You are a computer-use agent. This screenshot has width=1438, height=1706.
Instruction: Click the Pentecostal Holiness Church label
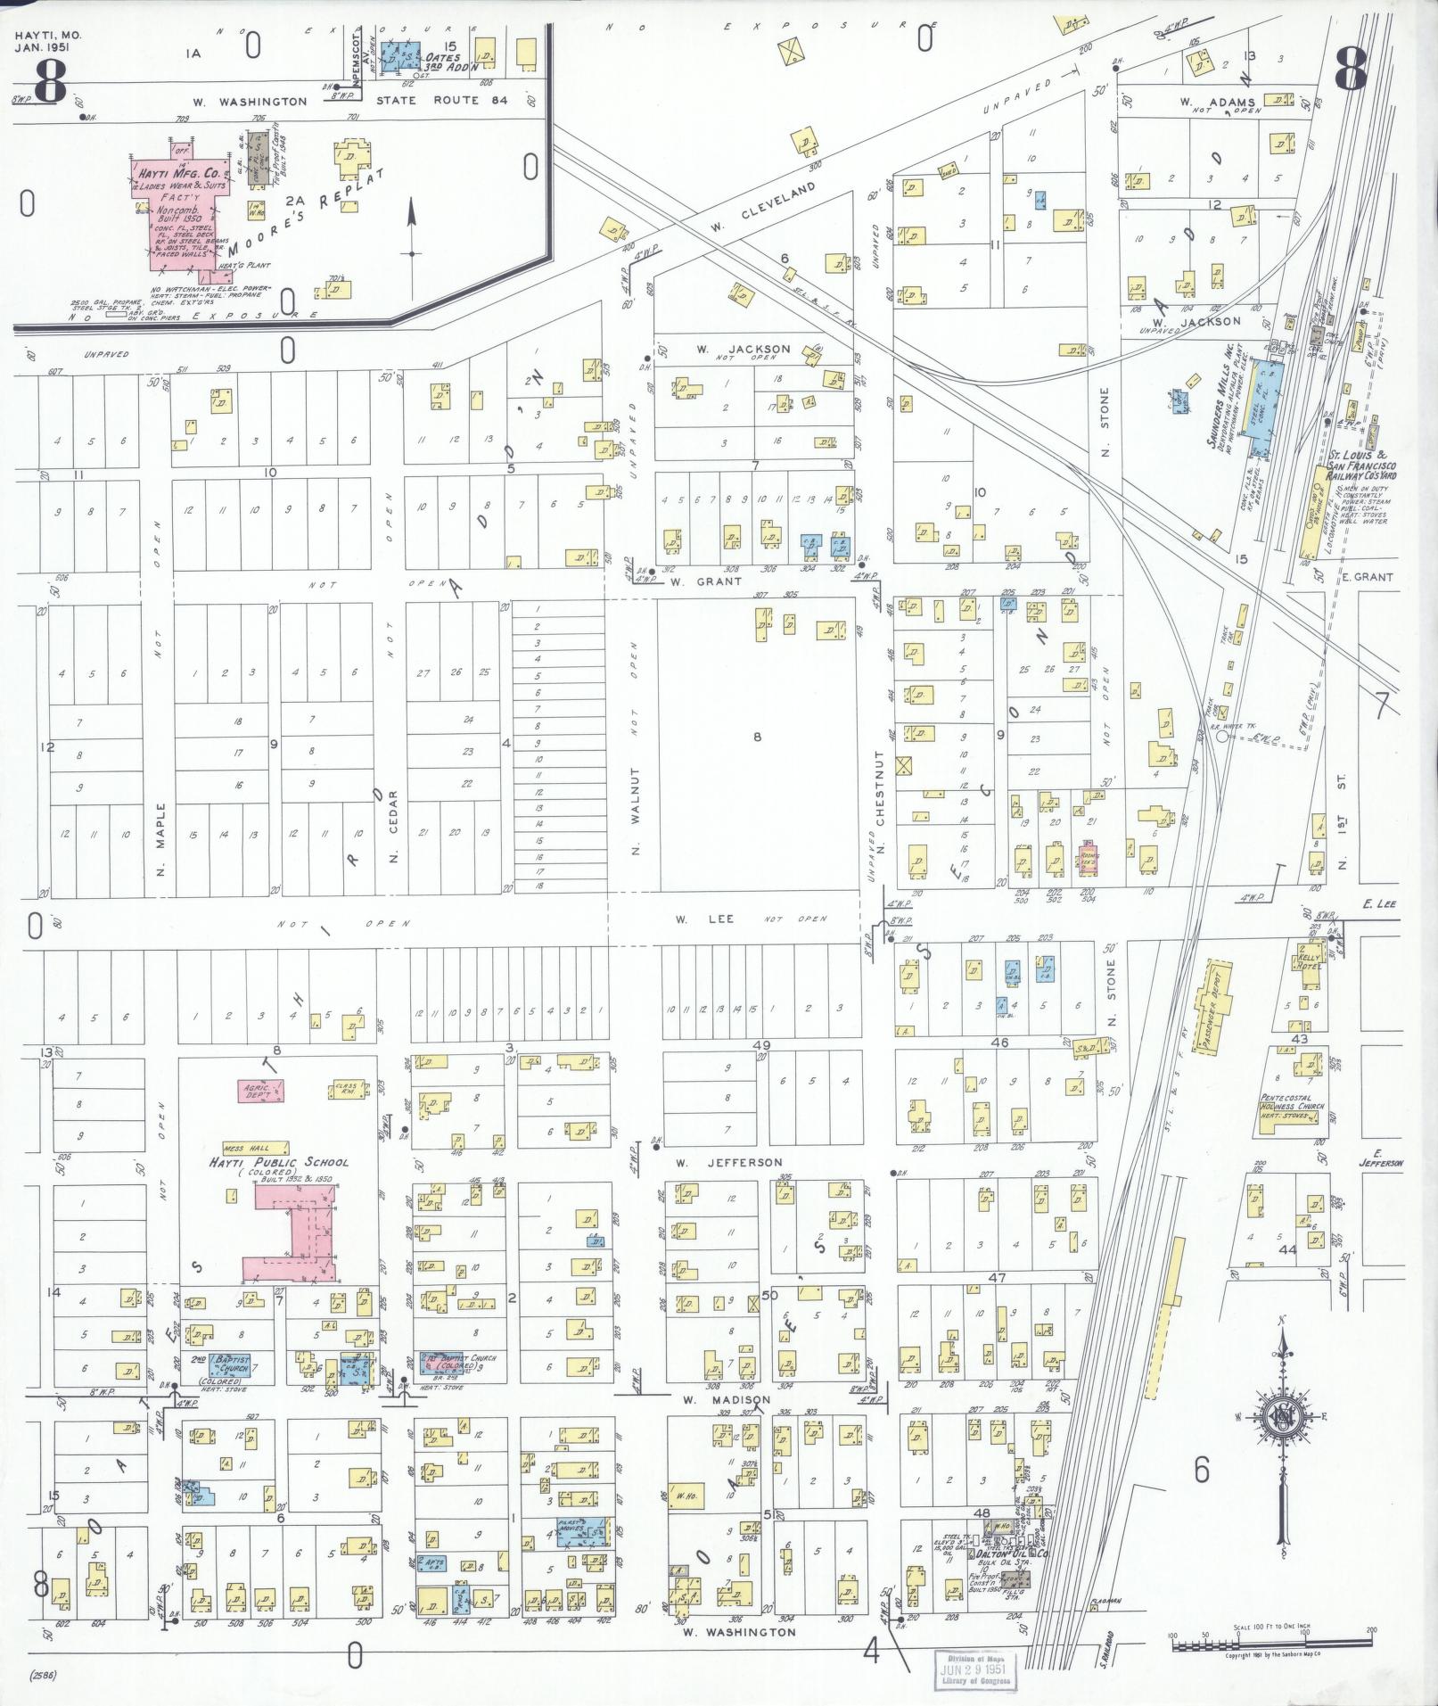(1292, 1102)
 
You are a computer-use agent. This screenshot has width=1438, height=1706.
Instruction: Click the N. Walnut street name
(636, 810)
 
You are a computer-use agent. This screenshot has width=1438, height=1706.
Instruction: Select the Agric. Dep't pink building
(261, 1089)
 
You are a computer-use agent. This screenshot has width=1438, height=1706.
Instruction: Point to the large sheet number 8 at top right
(1352, 70)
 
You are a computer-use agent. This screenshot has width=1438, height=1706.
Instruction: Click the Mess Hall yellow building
(255, 1147)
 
